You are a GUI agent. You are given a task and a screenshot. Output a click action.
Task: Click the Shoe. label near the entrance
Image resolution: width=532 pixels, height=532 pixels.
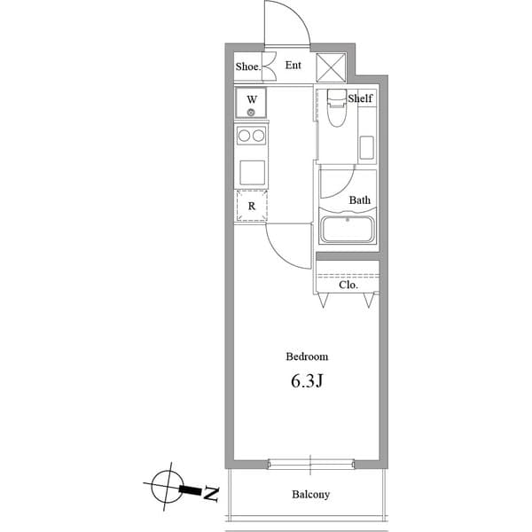click(x=246, y=66)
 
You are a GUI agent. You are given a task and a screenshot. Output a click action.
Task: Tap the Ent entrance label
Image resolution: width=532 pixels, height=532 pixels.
click(x=293, y=65)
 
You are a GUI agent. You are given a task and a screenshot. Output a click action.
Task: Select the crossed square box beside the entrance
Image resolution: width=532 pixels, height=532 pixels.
click(x=334, y=66)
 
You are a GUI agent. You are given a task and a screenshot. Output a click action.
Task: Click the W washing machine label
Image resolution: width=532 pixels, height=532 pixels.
click(x=252, y=99)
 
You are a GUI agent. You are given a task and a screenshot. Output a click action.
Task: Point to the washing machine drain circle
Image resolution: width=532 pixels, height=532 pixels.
click(x=252, y=113)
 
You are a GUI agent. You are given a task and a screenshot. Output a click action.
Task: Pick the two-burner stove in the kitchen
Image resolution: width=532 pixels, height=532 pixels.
click(x=252, y=136)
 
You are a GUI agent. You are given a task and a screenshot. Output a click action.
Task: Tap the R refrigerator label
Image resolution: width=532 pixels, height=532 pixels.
click(x=252, y=207)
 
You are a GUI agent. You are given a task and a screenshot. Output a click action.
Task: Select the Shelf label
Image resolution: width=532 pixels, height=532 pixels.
click(x=360, y=98)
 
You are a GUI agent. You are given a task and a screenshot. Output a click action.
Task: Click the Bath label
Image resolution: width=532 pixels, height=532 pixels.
click(x=359, y=200)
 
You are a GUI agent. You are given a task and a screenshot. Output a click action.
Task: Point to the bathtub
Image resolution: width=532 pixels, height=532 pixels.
click(x=349, y=230)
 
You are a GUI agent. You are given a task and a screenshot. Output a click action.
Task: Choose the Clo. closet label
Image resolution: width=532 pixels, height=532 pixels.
click(x=348, y=285)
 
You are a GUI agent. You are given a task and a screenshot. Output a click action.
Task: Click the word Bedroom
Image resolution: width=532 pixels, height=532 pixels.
click(x=307, y=356)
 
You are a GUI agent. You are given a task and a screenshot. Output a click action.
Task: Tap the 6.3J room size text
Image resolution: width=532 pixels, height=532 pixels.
click(x=307, y=383)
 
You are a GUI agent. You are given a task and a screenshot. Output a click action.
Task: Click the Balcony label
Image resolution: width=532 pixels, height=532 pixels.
click(x=310, y=494)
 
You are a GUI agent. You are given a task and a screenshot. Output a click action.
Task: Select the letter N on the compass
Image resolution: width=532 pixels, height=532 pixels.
click(x=211, y=494)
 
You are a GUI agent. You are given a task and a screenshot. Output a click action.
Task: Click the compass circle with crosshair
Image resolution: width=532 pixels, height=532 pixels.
click(x=165, y=486)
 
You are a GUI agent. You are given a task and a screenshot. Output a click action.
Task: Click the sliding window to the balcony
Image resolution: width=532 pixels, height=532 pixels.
click(x=310, y=464)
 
